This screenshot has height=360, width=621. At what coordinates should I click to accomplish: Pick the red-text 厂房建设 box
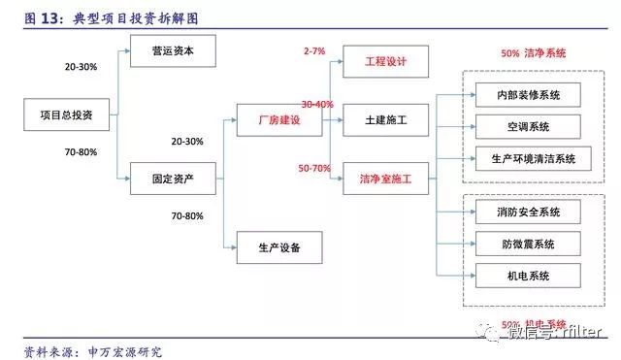[x=279, y=120]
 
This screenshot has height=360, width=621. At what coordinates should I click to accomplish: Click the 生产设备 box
[x=279, y=246]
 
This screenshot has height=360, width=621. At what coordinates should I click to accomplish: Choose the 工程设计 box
[x=386, y=61]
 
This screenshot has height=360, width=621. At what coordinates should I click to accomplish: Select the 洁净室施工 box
[x=386, y=179]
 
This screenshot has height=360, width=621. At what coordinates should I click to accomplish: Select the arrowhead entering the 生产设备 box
[x=234, y=246]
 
